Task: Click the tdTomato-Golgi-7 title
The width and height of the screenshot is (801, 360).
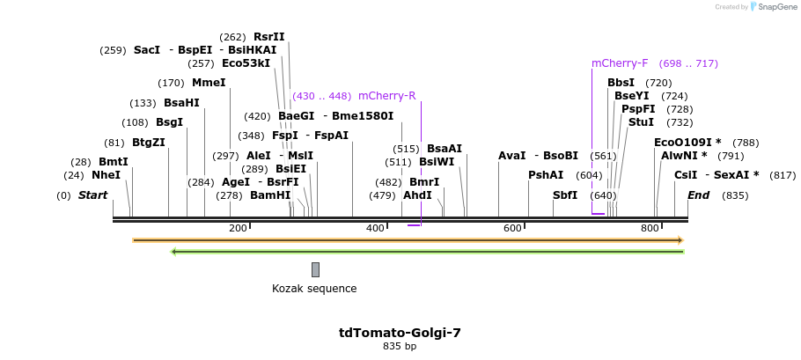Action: (400, 333)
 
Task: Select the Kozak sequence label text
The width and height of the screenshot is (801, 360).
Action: (314, 288)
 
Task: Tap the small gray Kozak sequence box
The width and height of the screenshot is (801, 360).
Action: (315, 269)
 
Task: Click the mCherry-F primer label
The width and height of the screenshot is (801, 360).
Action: (620, 63)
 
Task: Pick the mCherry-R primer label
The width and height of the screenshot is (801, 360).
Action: (386, 96)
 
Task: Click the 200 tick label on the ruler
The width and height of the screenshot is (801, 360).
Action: (238, 228)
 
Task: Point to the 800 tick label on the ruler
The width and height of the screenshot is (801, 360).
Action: (650, 228)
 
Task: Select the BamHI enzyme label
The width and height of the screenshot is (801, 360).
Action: (270, 195)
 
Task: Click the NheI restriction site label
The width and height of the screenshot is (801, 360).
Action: (106, 175)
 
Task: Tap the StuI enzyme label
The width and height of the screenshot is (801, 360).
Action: (641, 122)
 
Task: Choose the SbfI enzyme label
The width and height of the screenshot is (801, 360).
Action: (565, 195)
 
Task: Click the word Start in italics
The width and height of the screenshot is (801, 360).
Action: (92, 195)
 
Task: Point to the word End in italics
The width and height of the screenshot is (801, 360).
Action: (698, 195)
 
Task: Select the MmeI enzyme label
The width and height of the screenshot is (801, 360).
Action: (209, 83)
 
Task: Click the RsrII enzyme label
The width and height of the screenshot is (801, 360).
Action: (269, 37)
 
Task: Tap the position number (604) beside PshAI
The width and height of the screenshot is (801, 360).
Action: (589, 175)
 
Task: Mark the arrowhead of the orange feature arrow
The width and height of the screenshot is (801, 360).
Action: (680, 239)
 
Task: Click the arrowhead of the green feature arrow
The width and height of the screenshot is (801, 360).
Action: (174, 252)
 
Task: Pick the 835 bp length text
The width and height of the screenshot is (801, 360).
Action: (400, 347)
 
